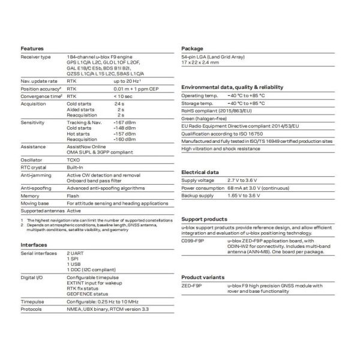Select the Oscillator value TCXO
pyautogui.click(x=73, y=159)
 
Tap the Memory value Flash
pyautogui.click(x=73, y=196)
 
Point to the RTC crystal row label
pyautogui.click(x=34, y=167)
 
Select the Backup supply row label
pyautogui.click(x=197, y=196)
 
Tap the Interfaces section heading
pyautogui.click(x=34, y=245)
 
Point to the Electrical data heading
pyautogui.click(x=202, y=172)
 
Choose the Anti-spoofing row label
pyautogui.click(x=36, y=188)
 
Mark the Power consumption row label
pyautogui.click(x=203, y=188)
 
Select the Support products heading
pyautogui.click(x=204, y=220)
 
